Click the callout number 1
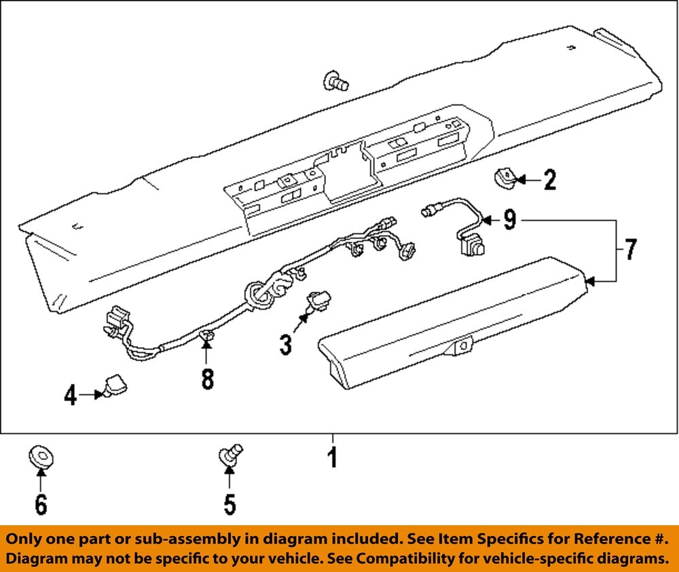[x=332, y=459]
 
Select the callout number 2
[x=549, y=180]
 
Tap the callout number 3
[x=286, y=345]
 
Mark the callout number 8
[x=206, y=379]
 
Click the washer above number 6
[x=41, y=456]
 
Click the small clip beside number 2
[x=503, y=180]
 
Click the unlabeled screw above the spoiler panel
[x=335, y=81]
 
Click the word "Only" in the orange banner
[x=24, y=539]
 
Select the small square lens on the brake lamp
[x=462, y=345]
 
